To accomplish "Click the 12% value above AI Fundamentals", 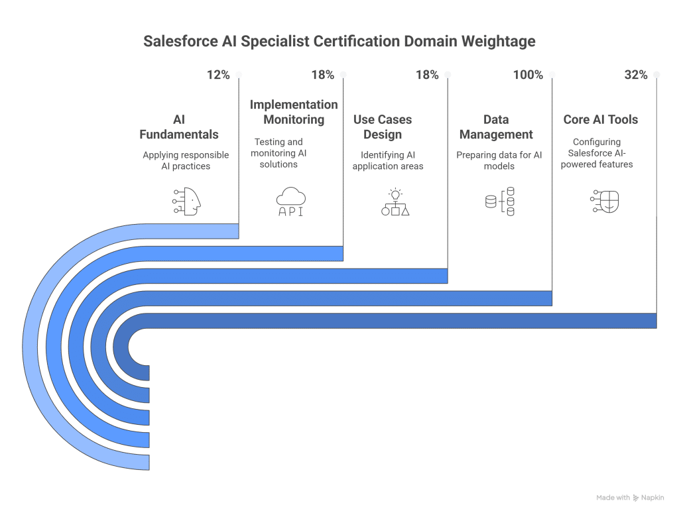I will [x=218, y=75].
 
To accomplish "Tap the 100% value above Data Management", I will [x=528, y=75].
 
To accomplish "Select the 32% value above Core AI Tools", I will [x=635, y=75].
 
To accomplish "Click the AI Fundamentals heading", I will [x=178, y=127].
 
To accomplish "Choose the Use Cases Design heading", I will [x=383, y=127].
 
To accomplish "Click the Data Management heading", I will [x=496, y=127].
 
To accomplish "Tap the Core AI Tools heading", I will [x=601, y=119].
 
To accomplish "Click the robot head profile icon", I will [x=186, y=200].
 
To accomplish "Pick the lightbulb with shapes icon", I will [x=395, y=201].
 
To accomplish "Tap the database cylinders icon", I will [x=500, y=201].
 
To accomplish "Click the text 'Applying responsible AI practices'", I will [x=186, y=160].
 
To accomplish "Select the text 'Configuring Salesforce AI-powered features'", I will [x=597, y=153].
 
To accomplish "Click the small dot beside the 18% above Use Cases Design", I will [x=448, y=75].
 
